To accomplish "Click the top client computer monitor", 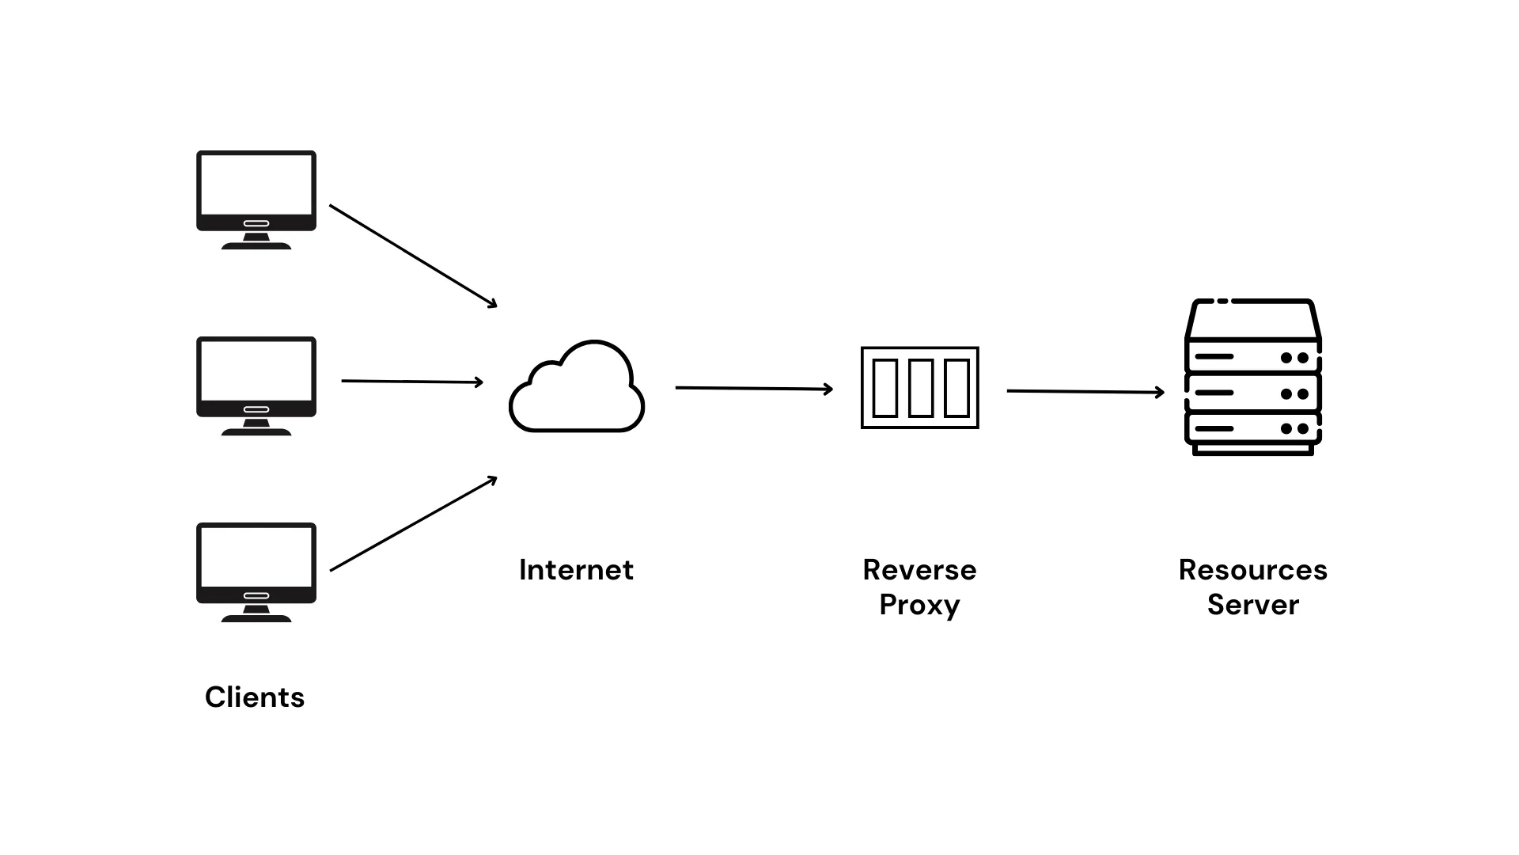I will click(x=256, y=190).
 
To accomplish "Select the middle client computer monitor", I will click(x=256, y=377).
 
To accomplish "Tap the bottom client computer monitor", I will click(x=256, y=563).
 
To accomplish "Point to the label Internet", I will click(x=576, y=570).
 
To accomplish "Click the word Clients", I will click(x=254, y=697).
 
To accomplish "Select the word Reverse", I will click(x=919, y=570).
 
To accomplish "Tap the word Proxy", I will click(x=919, y=605).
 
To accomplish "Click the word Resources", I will click(x=1252, y=570).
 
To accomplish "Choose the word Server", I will click(x=1252, y=605).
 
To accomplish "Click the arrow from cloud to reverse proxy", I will click(x=753, y=388).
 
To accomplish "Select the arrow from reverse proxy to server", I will click(x=1085, y=391).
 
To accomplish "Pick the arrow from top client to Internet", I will click(x=413, y=256).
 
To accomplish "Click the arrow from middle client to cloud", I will click(x=411, y=382).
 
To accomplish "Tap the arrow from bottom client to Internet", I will click(x=413, y=524).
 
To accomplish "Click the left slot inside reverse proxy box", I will click(x=885, y=388).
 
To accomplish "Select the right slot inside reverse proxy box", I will click(x=956, y=388).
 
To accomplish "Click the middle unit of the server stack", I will click(x=1252, y=393).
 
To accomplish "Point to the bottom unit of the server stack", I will click(x=1252, y=428).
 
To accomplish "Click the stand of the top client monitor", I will click(x=256, y=241).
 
